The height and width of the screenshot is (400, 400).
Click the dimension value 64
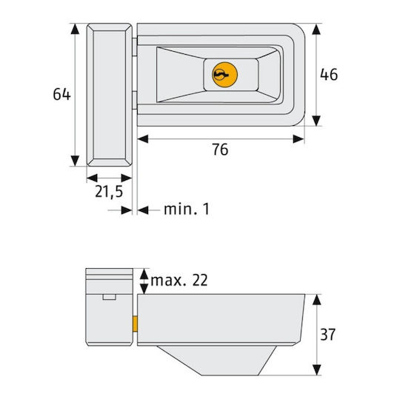coord(61,94)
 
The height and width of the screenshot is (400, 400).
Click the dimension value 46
coord(329,74)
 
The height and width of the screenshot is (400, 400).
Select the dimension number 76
coord(220,149)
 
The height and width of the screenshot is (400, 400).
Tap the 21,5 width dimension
coord(109,191)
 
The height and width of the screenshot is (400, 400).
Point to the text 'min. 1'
coord(187,209)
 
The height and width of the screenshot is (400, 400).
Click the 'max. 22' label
coord(179,280)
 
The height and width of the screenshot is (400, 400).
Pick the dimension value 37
coord(328,334)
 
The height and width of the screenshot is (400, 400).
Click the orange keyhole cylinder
coord(224,75)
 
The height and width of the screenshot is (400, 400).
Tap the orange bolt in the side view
coord(135,324)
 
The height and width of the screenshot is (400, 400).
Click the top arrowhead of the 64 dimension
coord(75,29)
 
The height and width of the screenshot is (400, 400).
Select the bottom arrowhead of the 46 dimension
coord(316,121)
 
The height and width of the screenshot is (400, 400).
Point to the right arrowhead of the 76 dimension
coord(299,139)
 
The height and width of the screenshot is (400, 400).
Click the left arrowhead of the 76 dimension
coord(143,139)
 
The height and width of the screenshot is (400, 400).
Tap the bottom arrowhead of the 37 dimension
coord(316,370)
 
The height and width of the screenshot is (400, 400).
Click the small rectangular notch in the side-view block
coord(110,297)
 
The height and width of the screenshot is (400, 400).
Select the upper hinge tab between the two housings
coord(135,47)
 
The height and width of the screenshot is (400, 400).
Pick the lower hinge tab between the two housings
coord(135,101)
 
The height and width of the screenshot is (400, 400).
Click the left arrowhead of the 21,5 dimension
coord(92,178)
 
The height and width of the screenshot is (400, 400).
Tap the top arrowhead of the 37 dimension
coord(316,300)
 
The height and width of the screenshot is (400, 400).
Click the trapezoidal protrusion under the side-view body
coord(216,360)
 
